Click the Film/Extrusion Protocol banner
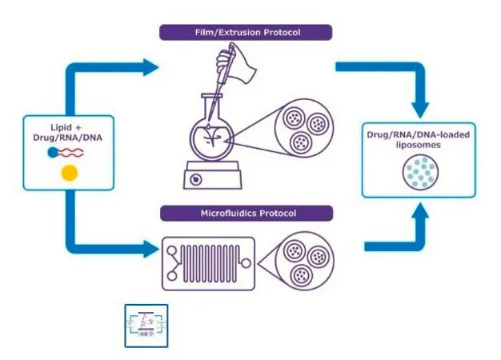[246, 32]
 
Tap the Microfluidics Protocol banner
[246, 213]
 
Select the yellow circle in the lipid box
[70, 173]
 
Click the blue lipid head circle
[52, 153]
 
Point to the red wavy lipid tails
[70, 153]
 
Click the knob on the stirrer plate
[195, 179]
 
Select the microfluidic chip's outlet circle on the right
[246, 263]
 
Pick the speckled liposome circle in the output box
[420, 173]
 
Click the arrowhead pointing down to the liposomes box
[420, 110]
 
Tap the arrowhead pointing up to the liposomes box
[420, 211]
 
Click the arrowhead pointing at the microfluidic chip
[151, 249]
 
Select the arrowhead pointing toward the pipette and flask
[150, 67]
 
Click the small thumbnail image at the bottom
[146, 326]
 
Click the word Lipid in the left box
[62, 127]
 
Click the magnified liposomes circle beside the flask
[304, 128]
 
